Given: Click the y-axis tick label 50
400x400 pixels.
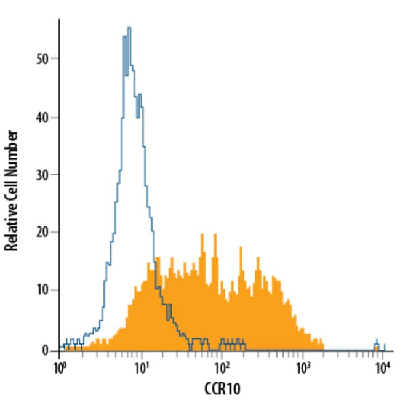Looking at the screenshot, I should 42,58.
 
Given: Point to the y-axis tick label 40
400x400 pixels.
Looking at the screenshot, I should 42,117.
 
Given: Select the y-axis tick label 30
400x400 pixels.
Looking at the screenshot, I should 42,175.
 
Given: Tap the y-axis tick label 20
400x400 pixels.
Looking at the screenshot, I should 42,233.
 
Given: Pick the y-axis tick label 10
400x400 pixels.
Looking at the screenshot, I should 42,290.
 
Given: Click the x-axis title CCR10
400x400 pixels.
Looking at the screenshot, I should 222,389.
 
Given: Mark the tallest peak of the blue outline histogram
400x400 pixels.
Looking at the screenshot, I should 129,29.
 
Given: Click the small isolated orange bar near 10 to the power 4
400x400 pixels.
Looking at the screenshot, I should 377,348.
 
